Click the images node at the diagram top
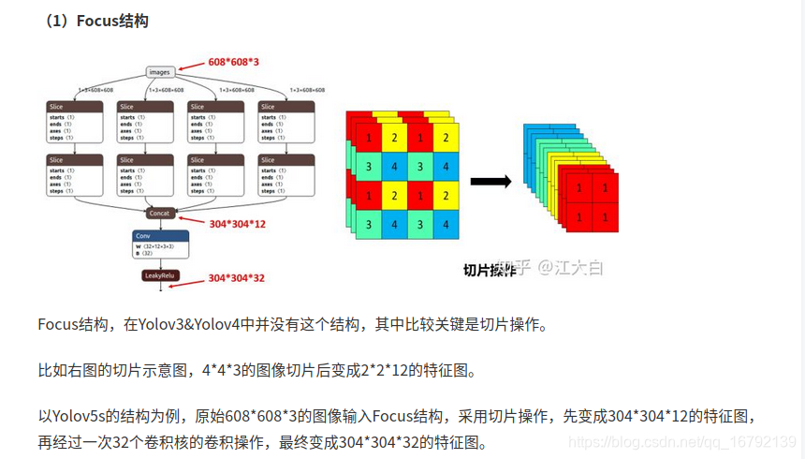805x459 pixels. [160, 71]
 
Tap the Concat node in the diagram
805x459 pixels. [160, 214]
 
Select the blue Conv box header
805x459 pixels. [160, 236]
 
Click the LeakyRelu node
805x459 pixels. [160, 276]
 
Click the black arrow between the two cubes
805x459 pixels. [490, 182]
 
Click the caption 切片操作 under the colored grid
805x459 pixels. [489, 271]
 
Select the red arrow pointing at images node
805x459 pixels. [191, 66]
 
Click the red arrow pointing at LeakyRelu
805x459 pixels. [192, 278]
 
